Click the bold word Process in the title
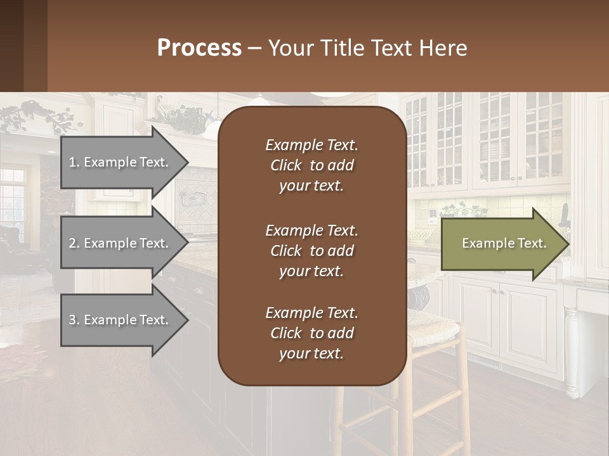coord(199,48)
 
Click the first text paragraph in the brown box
coord(311,165)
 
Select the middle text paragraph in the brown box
coord(311,251)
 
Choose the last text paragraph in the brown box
coord(311,333)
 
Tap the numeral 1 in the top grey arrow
coord(72,162)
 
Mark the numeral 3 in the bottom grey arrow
coord(72,320)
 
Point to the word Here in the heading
coord(443,48)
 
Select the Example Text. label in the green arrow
coord(504,243)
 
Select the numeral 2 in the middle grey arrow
coord(72,243)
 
